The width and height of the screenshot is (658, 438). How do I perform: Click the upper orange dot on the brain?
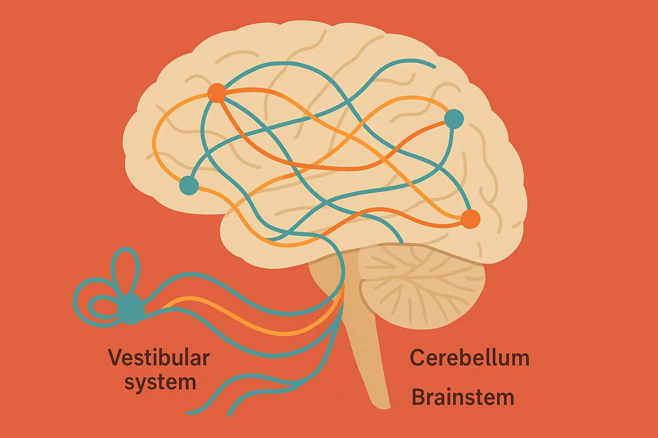coord(216,93)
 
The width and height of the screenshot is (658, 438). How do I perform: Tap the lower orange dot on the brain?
coord(470,219)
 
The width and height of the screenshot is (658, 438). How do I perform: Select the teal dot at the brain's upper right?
coord(454,119)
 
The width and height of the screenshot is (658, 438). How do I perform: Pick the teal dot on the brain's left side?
coord(189,186)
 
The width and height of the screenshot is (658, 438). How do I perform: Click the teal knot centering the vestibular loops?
coord(131,308)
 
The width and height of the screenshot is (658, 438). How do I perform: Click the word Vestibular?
coord(159,358)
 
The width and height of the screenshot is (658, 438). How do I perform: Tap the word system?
coord(160,382)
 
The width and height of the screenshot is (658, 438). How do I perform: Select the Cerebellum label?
coord(470,358)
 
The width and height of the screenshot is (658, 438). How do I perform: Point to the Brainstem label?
coord(463,397)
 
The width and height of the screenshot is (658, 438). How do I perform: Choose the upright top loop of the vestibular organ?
coord(126,269)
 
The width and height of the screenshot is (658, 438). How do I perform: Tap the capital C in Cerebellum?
coord(418,358)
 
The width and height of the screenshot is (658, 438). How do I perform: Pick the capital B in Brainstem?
coord(419,397)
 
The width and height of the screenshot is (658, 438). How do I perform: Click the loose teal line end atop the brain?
coord(434,67)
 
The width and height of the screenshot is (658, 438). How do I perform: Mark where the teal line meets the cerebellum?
coord(401,243)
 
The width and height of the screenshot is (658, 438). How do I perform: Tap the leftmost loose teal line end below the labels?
coord(189,413)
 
